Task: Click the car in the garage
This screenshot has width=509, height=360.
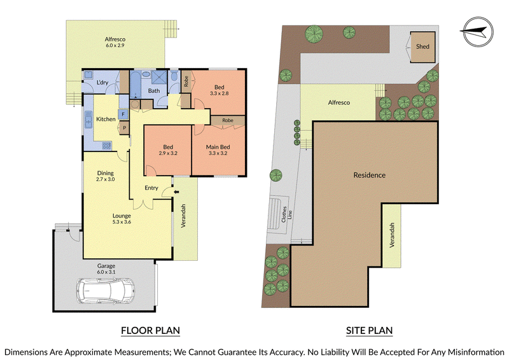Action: pos(106,291)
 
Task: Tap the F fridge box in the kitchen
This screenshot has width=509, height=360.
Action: pos(123,114)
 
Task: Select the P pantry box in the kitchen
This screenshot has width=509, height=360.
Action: pos(124,128)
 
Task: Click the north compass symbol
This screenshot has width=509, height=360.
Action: pos(478,32)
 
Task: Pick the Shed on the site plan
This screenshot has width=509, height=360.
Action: pos(422,46)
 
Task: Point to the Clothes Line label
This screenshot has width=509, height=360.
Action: pos(287,214)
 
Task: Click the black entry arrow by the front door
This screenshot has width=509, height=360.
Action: pos(176,192)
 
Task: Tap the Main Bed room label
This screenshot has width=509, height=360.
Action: pos(218,147)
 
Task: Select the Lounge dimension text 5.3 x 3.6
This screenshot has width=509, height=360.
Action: pos(122,222)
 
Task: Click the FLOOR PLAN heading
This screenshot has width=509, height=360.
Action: pos(150,331)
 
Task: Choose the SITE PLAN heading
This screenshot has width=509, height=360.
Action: pos(369,331)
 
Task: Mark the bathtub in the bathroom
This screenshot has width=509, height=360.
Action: pos(135,85)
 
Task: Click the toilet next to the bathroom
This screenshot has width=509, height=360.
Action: pos(174,76)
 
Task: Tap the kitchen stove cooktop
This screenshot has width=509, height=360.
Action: pos(106,146)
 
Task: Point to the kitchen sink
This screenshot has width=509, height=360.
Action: pos(88,119)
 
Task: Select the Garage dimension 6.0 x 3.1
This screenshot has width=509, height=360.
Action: pos(106,272)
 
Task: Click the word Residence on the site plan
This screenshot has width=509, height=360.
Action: pos(370,176)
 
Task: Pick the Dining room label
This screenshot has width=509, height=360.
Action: pos(106,173)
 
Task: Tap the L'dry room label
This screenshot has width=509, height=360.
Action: pos(102,83)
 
